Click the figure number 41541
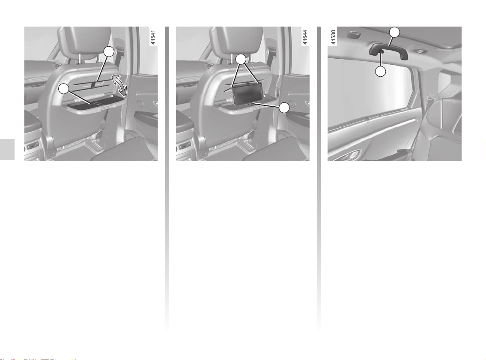[x=153, y=38]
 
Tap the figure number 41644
[x=305, y=38]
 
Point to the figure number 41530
[x=334, y=38]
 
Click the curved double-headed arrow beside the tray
[x=119, y=85]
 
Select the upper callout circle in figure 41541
[x=108, y=52]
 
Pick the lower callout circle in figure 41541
[x=63, y=89]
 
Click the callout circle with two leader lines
[x=241, y=59]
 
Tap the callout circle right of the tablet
[x=284, y=108]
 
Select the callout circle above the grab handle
[x=394, y=32]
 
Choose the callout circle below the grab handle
[x=381, y=72]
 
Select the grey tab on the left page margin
[x=7, y=150]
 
